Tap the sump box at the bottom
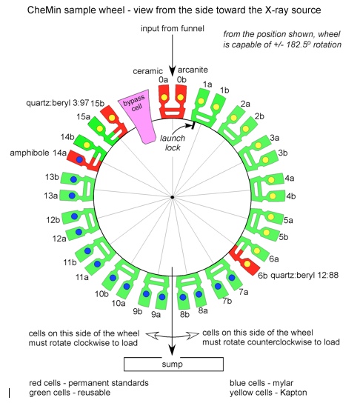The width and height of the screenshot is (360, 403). coord(173,364)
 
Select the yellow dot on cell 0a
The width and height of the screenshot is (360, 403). coord(164,98)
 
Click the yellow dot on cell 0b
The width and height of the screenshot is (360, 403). coord(181,98)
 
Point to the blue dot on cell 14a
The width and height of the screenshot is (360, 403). coord(80,159)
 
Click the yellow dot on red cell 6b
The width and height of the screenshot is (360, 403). coord(247,264)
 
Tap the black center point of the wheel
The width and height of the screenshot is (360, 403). coord(173,197)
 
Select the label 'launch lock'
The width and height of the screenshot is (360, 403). coord(173,143)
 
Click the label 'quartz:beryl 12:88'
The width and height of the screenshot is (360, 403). coord(304,276)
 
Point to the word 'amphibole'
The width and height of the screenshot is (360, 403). coord(30,153)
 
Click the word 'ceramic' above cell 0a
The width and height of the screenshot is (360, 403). coord(147,71)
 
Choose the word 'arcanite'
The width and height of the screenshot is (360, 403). coord(193,70)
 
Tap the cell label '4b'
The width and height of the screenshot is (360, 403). coord(291,196)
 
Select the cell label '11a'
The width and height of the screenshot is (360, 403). coord(82,277)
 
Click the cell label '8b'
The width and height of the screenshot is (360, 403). coord(184,314)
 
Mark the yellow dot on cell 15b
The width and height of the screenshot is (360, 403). coord(112,118)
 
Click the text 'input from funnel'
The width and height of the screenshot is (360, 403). coord(173,28)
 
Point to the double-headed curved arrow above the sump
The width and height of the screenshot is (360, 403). coord(172,335)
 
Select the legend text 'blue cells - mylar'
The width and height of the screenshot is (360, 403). coord(261,383)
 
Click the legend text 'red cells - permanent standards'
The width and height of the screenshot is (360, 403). coord(89,383)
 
